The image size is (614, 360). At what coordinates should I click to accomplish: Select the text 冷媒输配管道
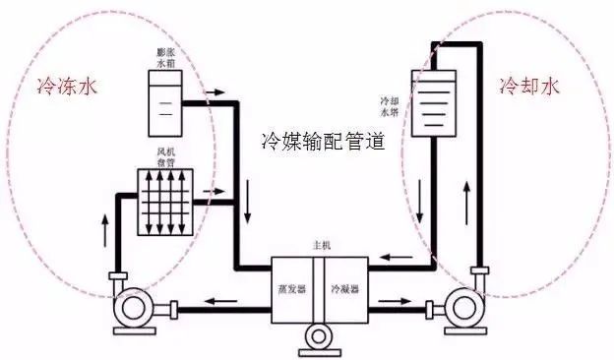[321, 141]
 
